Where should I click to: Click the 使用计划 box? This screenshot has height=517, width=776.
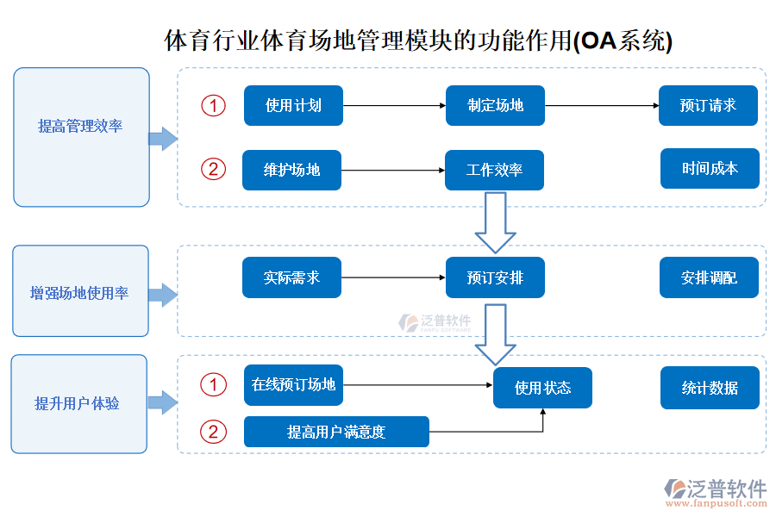(293, 106)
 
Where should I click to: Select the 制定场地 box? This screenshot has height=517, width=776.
(495, 106)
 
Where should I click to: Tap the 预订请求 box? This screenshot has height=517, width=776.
(708, 106)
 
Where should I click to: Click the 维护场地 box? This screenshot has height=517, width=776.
(291, 170)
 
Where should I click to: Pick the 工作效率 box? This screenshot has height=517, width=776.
(494, 170)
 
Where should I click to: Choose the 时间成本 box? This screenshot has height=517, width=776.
(710, 169)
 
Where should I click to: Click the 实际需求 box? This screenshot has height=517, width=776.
(291, 278)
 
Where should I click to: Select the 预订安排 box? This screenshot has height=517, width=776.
(495, 278)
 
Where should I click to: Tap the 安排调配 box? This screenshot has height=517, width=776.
(709, 278)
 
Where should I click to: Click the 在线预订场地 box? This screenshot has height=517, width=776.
(293, 385)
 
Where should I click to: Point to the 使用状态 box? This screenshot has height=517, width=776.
(542, 388)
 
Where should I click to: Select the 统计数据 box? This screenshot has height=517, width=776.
(710, 388)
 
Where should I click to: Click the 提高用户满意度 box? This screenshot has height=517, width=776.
(336, 432)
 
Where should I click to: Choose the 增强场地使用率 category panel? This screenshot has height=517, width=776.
(80, 291)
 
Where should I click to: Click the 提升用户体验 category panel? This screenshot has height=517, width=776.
(78, 403)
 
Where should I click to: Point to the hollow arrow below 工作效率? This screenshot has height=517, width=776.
(495, 222)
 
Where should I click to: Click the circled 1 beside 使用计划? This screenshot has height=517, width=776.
(213, 105)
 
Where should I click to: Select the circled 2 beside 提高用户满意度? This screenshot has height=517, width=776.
(213, 431)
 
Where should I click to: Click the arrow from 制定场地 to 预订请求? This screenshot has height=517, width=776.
(601, 106)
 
